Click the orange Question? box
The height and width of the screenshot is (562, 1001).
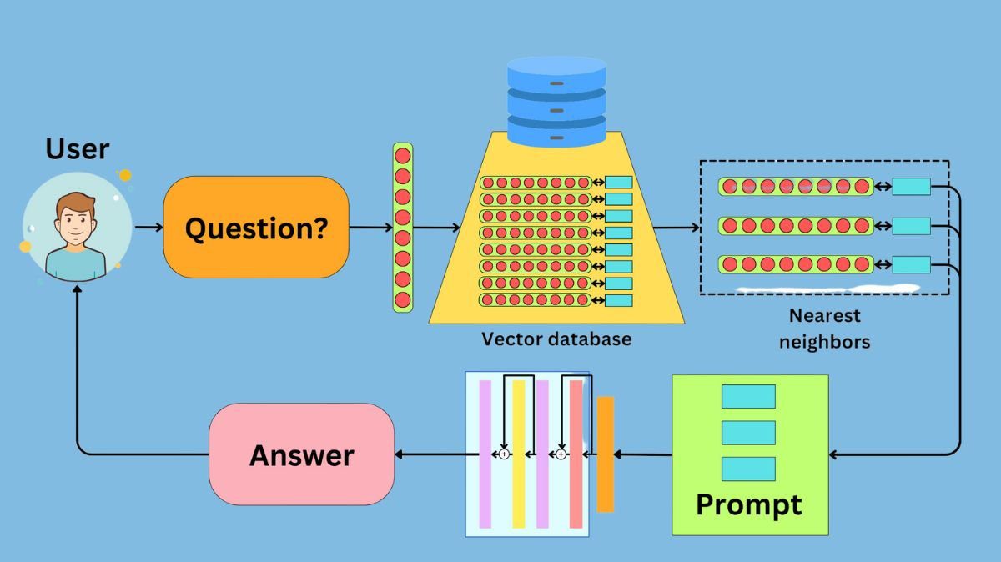[x=256, y=227]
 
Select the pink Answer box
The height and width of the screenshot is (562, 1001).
[x=301, y=454]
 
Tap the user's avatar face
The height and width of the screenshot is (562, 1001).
[x=76, y=221]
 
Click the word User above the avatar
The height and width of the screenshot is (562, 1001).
[x=77, y=149]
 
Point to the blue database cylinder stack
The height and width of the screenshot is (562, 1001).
[x=556, y=101]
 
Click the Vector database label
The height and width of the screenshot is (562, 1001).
[x=556, y=339]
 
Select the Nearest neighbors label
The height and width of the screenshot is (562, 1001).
[x=824, y=329]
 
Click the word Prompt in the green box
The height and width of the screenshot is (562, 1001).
[x=749, y=504]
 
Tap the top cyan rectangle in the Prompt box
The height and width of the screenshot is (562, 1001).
[x=748, y=397]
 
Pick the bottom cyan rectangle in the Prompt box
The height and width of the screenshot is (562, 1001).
[x=748, y=469]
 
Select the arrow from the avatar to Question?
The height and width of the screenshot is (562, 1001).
[x=149, y=227]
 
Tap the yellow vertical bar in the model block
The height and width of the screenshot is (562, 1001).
[x=518, y=454]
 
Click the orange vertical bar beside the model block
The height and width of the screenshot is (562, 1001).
[x=606, y=454]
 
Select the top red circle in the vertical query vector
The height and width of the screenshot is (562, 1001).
[x=403, y=156]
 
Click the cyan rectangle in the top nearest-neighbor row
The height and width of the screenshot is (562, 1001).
[x=911, y=187]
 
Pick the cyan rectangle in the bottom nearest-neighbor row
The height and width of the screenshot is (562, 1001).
[x=911, y=265]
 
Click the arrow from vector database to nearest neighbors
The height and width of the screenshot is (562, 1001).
[x=676, y=227]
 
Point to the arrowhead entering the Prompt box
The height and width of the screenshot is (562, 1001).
[x=834, y=454]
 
